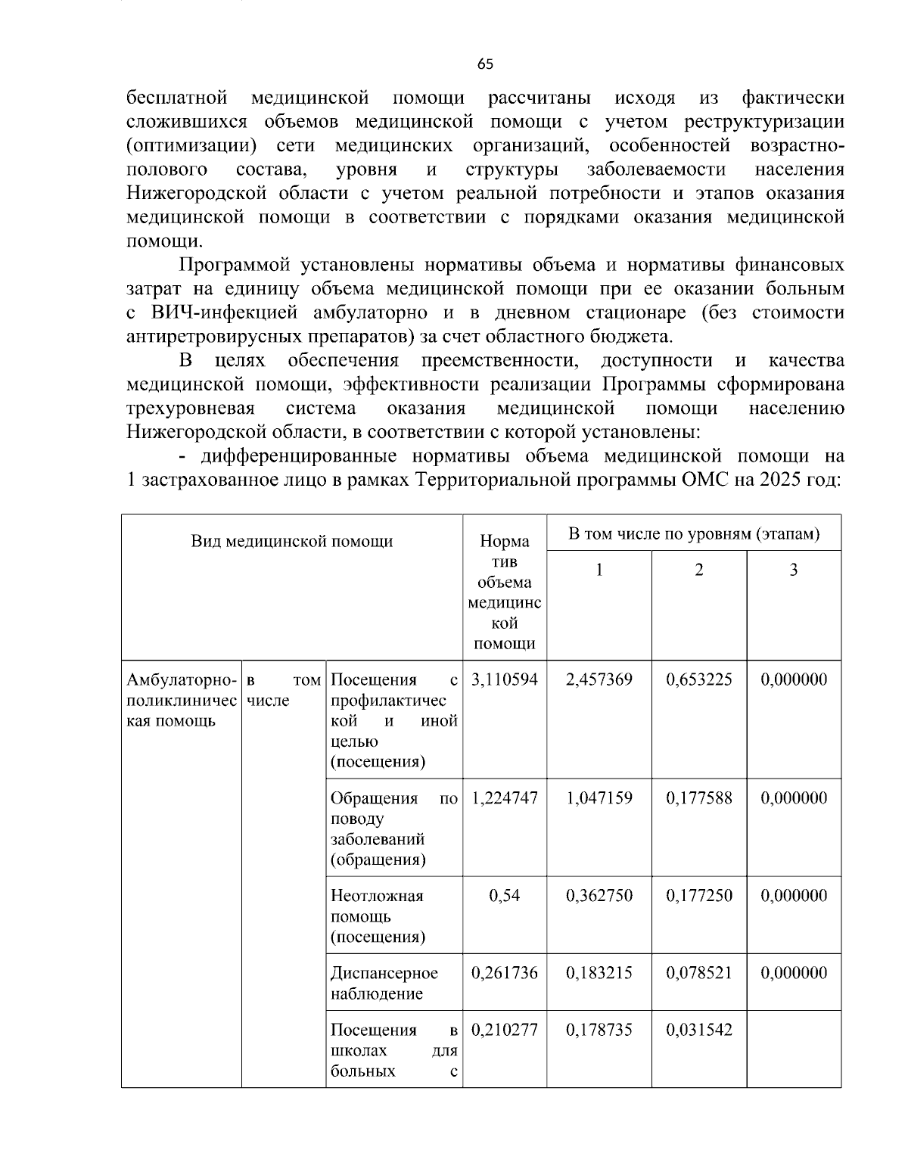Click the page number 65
pyautogui.click(x=485, y=65)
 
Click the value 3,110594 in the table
pyautogui.click(x=504, y=679)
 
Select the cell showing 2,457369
pyautogui.click(x=599, y=679)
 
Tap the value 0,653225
pyautogui.click(x=698, y=679)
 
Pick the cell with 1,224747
pyautogui.click(x=504, y=798)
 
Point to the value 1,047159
pyautogui.click(x=599, y=798)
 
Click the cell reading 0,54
pyautogui.click(x=504, y=896)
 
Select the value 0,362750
pyautogui.click(x=599, y=896)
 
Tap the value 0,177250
pyautogui.click(x=698, y=896)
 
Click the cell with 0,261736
pyautogui.click(x=504, y=973)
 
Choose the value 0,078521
pyautogui.click(x=698, y=973)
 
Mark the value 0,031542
pyautogui.click(x=698, y=1030)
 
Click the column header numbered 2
pyautogui.click(x=698, y=570)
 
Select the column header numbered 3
pyautogui.click(x=793, y=570)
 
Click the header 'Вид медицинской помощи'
pyautogui.click(x=291, y=541)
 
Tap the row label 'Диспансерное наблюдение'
pyautogui.click(x=384, y=983)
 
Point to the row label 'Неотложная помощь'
pyautogui.click(x=377, y=906)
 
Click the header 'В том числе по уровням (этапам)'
pyautogui.click(x=693, y=534)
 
